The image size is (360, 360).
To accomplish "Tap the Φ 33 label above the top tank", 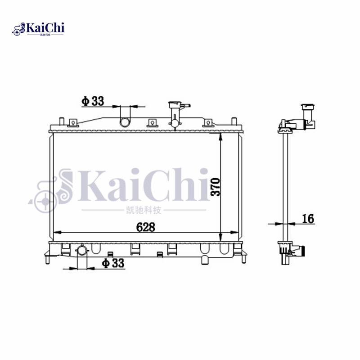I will tap(93, 101).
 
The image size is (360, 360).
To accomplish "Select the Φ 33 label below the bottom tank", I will tap(113, 263).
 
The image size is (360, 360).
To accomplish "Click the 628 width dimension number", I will tap(146, 227).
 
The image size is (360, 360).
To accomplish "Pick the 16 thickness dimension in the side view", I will tap(308, 219).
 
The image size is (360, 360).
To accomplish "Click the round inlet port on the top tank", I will tap(124, 121).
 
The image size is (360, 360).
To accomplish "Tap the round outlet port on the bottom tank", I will tap(83, 251).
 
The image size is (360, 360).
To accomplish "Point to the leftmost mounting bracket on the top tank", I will tap(72, 122).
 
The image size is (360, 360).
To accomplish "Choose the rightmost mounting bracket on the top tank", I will tap(207, 123).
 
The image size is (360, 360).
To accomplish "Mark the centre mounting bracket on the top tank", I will tap(152, 122).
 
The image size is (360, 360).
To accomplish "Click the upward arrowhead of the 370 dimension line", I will tap(220, 136).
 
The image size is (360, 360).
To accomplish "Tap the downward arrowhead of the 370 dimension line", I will tap(220, 238).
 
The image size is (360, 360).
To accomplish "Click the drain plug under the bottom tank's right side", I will tap(205, 260).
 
